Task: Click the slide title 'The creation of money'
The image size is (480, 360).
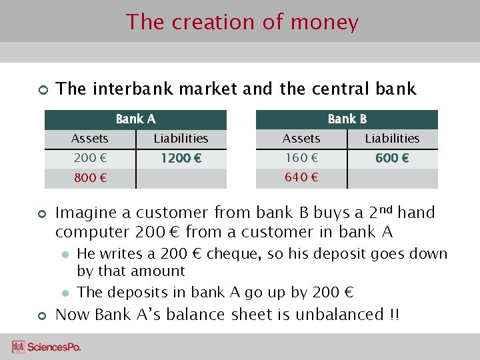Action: tap(243, 22)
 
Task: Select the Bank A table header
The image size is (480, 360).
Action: tap(135, 119)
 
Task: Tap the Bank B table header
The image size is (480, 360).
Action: tap(347, 119)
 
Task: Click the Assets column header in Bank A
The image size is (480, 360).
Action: tap(89, 139)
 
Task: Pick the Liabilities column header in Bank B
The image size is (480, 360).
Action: tap(392, 139)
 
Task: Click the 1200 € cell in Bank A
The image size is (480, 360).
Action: tap(181, 159)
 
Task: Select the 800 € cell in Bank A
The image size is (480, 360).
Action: tap(89, 179)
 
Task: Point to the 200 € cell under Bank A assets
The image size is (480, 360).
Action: tap(89, 159)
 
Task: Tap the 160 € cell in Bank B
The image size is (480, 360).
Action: tap(301, 159)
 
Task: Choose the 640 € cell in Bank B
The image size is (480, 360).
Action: tap(301, 178)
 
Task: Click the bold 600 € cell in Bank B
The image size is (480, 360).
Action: tap(392, 159)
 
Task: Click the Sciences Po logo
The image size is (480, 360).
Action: tap(46, 347)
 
